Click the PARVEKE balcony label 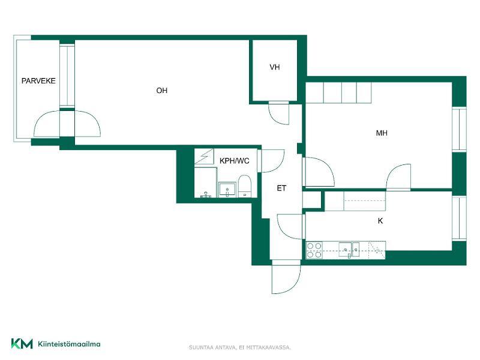point(38,81)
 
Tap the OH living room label point(161,91)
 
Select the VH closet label point(275,67)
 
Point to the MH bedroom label point(382,133)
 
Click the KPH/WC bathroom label point(235,161)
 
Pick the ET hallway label point(281,188)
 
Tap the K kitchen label point(380,221)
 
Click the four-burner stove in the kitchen point(314,250)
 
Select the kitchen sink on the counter point(349,250)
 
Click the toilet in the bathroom point(245,186)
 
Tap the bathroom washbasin point(227,190)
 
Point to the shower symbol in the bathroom point(204,156)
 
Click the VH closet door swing point(279,113)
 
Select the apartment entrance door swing point(286,278)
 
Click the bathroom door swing point(272,161)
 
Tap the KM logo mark point(22,343)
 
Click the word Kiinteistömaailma point(69,344)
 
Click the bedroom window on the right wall point(459,129)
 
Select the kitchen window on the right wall point(459,218)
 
